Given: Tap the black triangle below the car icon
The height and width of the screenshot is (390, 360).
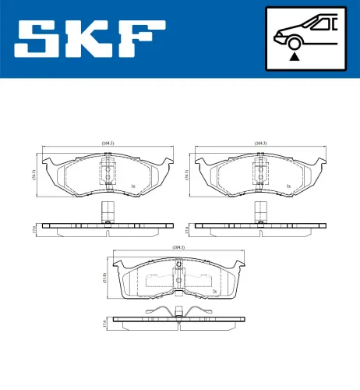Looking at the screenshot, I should click(x=295, y=55).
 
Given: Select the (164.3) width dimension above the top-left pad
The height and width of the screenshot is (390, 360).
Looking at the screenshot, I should click(x=108, y=143).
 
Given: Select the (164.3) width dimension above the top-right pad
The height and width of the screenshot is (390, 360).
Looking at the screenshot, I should click(x=260, y=143).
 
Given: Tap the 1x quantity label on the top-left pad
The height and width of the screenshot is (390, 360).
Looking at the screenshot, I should click(x=133, y=186).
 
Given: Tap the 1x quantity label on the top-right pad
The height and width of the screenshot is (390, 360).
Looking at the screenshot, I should click(x=288, y=186).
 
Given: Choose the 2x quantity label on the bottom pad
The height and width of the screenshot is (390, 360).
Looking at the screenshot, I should click(x=213, y=291).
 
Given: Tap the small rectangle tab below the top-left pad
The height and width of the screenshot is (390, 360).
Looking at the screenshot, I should click(x=108, y=209).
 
